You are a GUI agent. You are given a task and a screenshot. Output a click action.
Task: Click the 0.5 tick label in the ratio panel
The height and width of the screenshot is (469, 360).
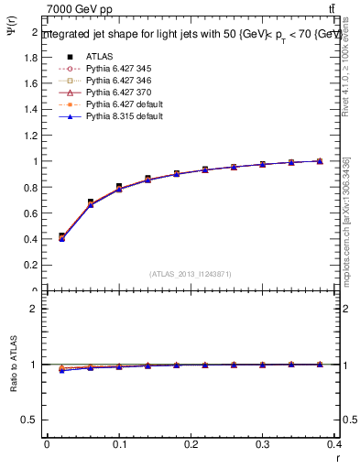tap(30, 420)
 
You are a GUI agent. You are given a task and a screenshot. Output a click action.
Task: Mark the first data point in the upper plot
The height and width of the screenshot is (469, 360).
tap(61, 236)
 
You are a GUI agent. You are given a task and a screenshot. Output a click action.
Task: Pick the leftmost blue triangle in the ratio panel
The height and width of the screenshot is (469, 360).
tap(61, 370)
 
